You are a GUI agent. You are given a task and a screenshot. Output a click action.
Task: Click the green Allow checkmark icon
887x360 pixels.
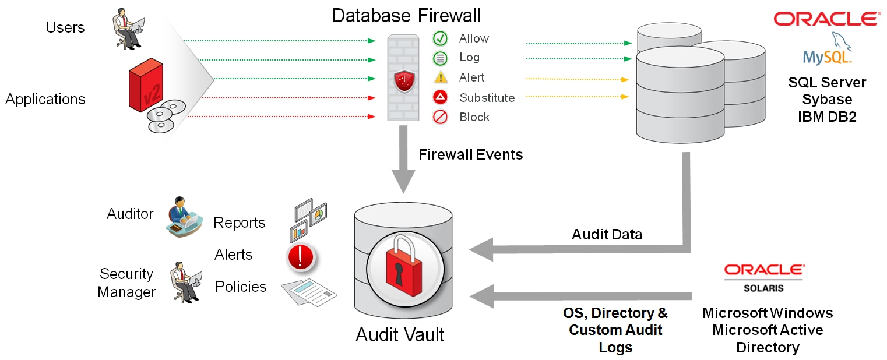(x=440, y=38)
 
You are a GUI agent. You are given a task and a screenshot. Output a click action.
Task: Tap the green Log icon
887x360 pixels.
(x=440, y=58)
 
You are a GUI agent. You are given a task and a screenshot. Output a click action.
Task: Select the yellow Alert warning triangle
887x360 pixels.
(x=441, y=77)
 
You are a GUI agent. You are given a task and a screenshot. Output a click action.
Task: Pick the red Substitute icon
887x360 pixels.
(x=440, y=97)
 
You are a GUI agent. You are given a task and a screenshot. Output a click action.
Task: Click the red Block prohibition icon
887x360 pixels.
(x=440, y=117)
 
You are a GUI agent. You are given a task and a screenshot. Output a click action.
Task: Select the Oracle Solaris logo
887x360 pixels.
(x=764, y=277)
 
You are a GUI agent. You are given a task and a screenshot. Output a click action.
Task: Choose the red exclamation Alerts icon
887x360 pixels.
(x=301, y=256)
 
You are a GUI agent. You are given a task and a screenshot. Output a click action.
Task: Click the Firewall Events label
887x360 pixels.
(x=470, y=154)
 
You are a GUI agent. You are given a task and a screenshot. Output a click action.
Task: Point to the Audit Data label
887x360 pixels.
(x=607, y=234)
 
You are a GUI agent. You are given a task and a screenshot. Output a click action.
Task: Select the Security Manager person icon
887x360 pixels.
(x=185, y=282)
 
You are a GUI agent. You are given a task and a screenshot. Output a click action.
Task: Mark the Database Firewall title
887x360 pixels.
(x=406, y=15)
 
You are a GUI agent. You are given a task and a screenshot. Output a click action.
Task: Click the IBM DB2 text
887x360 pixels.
(x=827, y=117)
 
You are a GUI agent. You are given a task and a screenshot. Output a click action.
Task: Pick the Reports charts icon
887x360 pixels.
(x=308, y=221)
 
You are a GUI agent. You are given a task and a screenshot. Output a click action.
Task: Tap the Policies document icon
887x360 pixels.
(x=309, y=291)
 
